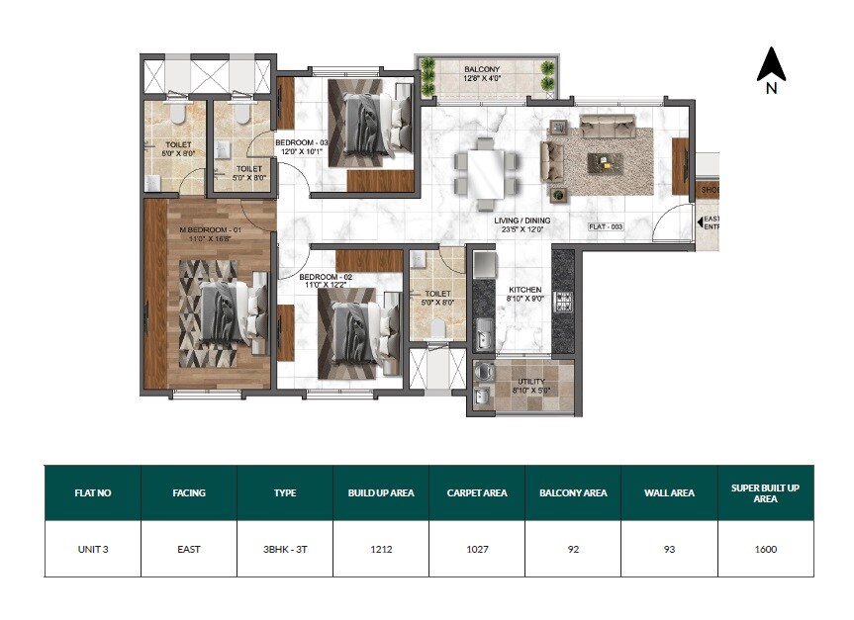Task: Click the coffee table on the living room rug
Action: (605, 161)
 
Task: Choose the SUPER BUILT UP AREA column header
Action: (766, 492)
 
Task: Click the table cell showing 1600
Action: (766, 549)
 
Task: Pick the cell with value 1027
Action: (477, 549)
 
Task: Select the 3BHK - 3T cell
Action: (285, 549)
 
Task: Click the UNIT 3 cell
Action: (93, 549)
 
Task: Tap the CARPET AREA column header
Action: (477, 492)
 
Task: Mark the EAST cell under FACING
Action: (189, 549)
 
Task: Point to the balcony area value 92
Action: (573, 549)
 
